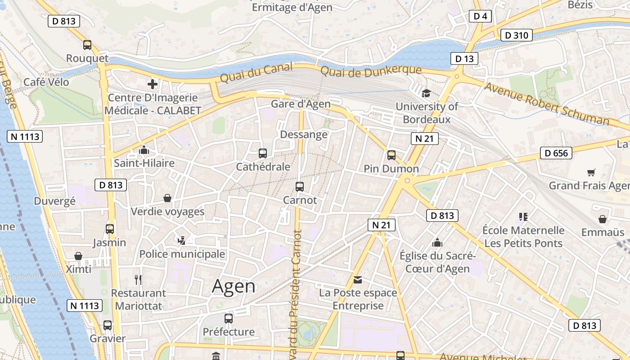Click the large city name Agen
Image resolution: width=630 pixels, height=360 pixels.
[234, 286]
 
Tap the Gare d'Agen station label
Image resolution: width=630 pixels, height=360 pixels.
[301, 104]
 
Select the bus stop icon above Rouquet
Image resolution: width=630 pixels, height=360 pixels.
[87, 45]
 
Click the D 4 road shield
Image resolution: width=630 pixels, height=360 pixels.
[480, 17]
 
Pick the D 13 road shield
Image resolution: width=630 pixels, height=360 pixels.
[464, 58]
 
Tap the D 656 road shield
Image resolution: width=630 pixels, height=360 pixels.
[556, 153]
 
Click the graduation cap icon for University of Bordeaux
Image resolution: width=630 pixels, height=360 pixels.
[426, 93]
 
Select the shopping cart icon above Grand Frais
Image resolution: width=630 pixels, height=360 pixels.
[591, 172]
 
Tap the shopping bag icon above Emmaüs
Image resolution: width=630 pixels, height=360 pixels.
[602, 219]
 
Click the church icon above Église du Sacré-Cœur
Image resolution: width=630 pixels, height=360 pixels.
[437, 243]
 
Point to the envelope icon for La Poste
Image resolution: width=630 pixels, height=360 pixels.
[358, 280]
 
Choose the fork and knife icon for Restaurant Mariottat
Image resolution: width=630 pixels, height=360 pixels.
[138, 280]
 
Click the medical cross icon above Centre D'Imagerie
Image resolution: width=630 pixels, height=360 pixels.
[153, 84]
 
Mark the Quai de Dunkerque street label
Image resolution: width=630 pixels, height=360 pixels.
[371, 71]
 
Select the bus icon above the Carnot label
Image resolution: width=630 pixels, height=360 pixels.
[300, 186]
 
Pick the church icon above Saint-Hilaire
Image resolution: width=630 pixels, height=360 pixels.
[144, 150]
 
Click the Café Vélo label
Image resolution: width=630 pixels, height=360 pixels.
[46, 82]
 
